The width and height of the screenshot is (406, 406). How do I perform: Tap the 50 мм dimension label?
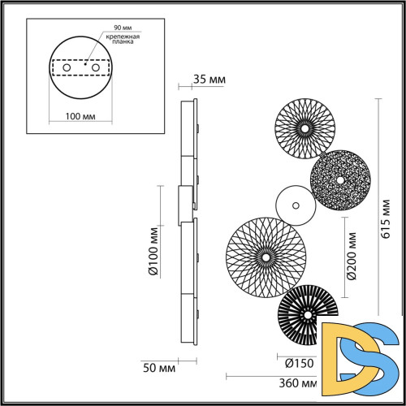pos(158,368)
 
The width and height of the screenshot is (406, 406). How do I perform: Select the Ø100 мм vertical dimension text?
pos(153,253)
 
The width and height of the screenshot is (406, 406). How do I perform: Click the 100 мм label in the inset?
pos(79,117)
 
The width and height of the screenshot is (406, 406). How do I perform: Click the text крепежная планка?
pos(119,41)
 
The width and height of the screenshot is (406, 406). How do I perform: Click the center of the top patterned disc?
pos(304,127)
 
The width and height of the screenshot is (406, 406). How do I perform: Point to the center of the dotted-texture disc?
pos(340,179)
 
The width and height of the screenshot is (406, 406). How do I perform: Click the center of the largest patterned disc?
pos(263,257)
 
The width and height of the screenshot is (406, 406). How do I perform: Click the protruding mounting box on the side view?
pos(186,205)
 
